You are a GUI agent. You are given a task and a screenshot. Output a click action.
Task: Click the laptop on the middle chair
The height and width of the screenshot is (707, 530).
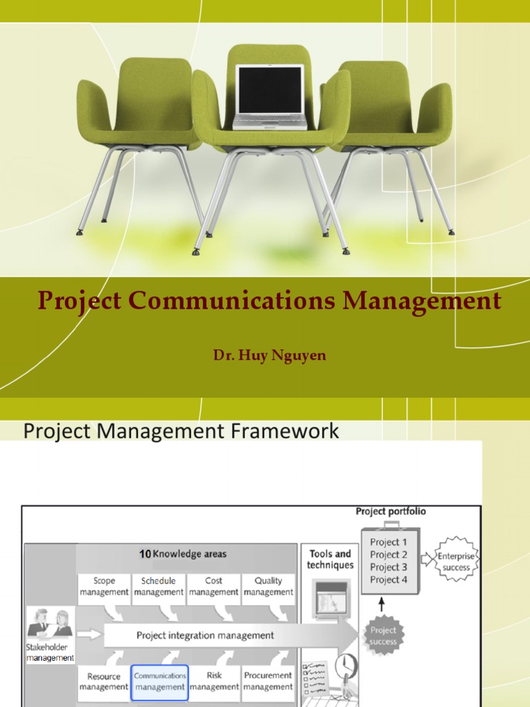(269, 97)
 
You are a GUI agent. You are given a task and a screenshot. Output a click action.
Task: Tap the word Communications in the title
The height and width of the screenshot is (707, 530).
(232, 302)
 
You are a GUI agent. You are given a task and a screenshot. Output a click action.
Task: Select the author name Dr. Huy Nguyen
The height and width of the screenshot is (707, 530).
(269, 356)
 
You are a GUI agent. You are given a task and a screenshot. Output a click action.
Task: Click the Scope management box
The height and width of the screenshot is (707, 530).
(104, 586)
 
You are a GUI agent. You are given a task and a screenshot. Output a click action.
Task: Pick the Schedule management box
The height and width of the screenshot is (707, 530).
(159, 586)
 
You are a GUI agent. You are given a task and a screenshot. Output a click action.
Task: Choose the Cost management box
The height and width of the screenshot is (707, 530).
(214, 586)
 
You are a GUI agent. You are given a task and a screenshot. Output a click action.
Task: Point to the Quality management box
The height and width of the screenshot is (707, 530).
(268, 586)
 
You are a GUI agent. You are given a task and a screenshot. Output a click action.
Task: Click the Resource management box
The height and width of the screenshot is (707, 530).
(104, 681)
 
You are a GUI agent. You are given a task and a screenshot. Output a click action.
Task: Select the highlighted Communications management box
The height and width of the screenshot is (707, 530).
(159, 681)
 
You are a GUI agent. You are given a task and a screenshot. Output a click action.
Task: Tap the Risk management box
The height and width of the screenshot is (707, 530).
(214, 681)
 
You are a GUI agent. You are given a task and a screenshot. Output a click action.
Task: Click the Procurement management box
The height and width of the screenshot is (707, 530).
(268, 681)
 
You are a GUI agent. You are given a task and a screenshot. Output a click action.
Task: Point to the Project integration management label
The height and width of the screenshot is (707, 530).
(205, 635)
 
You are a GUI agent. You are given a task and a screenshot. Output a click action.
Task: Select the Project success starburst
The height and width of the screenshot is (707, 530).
(383, 635)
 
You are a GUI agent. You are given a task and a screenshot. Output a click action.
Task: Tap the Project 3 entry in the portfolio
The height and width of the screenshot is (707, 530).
(389, 567)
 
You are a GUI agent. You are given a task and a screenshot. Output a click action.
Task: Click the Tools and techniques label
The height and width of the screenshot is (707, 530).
(330, 559)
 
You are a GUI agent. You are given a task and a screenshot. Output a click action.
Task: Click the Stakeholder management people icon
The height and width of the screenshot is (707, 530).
(50, 624)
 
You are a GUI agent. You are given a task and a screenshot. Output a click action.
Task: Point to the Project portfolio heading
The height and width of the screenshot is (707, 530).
(391, 512)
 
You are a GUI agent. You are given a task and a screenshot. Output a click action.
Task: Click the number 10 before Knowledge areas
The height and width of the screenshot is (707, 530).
(144, 554)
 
